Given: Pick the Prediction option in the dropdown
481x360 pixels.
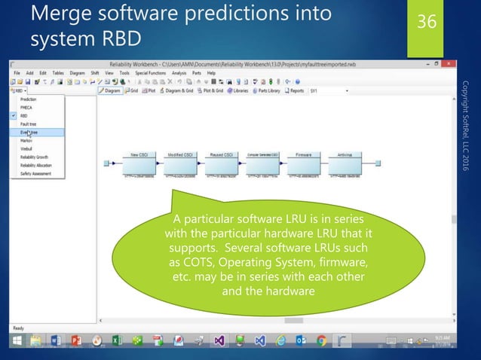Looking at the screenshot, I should pyautogui.click(x=29, y=99).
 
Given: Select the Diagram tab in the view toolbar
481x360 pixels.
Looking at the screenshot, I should pyautogui.click(x=111, y=90).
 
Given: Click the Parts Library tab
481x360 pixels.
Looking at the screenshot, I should pyautogui.click(x=267, y=90).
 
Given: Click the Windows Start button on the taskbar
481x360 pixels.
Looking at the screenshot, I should pyautogui.click(x=16, y=340).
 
